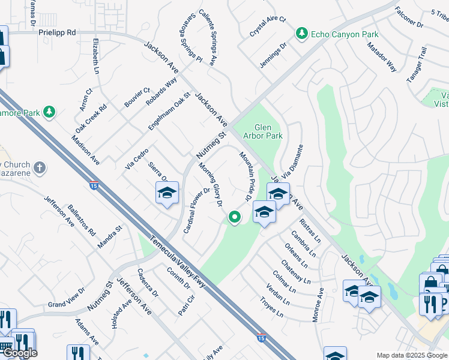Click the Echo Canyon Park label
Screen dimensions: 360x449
point(345,34)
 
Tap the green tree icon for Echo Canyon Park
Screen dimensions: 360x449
point(301,34)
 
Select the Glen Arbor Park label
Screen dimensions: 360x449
point(268,131)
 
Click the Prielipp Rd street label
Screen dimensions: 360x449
point(57,32)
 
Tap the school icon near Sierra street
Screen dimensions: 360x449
point(167,193)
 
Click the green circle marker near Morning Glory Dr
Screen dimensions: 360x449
point(235,217)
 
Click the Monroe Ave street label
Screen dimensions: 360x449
point(319,305)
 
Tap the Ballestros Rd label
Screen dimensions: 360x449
point(82,220)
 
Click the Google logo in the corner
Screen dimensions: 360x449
point(20,353)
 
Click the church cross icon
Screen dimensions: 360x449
point(39,167)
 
